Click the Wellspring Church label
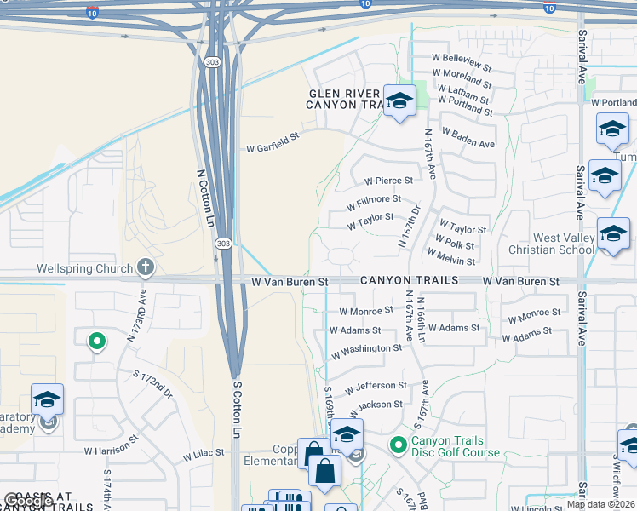(x=85, y=268)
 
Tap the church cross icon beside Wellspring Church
(x=145, y=268)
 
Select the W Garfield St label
(x=273, y=147)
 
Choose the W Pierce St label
(x=388, y=181)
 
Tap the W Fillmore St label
(x=374, y=204)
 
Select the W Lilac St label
(x=203, y=457)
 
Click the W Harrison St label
(x=111, y=447)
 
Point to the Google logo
(x=28, y=501)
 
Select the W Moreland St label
(x=463, y=78)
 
